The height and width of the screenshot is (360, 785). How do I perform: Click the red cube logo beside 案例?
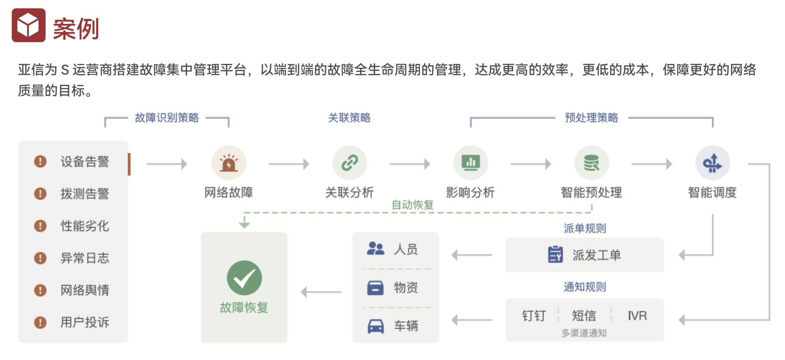click(28, 25)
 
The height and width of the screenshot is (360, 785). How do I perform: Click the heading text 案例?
click(76, 29)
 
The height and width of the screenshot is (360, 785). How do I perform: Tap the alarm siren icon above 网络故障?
click(228, 163)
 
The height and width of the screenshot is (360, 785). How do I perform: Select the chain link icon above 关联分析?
click(349, 163)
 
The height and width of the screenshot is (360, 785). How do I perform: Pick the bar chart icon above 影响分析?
click(471, 163)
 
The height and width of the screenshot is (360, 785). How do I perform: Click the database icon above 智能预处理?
click(591, 163)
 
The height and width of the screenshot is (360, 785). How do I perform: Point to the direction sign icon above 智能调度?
click(712, 163)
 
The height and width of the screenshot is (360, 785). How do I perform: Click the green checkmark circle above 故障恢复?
click(244, 278)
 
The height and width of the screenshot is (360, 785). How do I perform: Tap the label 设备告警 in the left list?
click(85, 162)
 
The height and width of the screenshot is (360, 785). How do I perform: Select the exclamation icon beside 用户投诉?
click(40, 322)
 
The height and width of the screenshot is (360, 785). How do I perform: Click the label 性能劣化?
click(85, 226)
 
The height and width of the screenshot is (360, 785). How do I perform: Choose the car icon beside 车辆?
click(375, 326)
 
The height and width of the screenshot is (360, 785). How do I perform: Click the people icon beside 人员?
click(375, 249)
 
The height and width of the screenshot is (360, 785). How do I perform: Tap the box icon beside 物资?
click(375, 288)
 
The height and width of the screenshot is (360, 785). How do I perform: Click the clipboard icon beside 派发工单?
click(555, 254)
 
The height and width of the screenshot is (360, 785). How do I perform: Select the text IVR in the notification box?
click(637, 316)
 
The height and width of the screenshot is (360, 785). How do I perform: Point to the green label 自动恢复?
click(413, 205)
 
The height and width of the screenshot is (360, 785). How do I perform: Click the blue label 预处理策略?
click(591, 118)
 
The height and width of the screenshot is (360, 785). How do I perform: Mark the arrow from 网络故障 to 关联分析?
click(289, 164)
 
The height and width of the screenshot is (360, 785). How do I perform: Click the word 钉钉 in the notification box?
click(534, 316)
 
